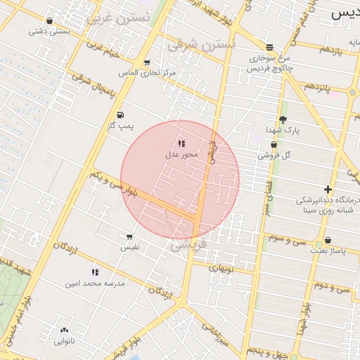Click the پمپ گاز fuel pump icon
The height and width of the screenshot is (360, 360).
120,115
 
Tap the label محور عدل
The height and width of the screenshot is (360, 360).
182,154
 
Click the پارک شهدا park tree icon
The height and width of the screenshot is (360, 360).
283,120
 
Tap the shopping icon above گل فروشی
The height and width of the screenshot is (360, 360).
274,144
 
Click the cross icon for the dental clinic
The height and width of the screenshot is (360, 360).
328,189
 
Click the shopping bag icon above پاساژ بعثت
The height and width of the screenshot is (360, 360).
328,240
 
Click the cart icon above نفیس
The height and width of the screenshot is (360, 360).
129,237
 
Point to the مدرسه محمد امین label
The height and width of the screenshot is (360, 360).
95,283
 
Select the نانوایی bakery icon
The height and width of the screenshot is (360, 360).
64,330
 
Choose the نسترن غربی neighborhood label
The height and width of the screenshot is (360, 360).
118,19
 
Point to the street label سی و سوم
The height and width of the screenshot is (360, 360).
286,238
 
